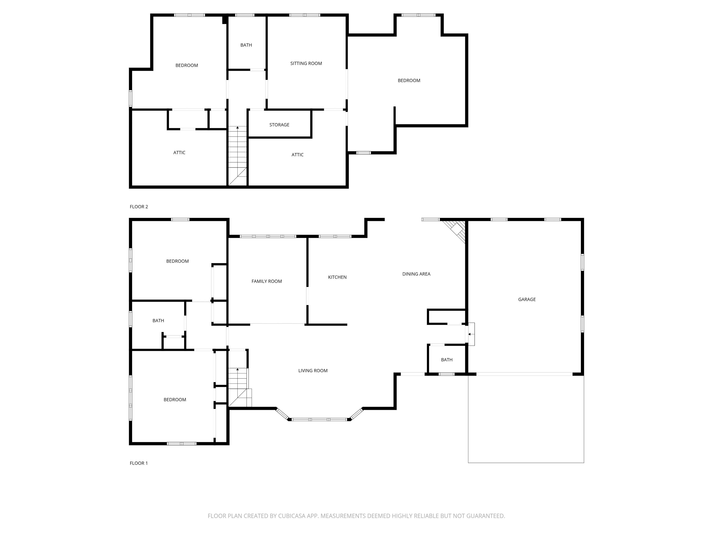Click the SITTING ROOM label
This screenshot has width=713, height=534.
(x=306, y=64)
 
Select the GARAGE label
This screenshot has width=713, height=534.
(x=527, y=299)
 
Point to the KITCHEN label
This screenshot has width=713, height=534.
(x=337, y=277)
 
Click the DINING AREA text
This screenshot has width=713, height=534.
(x=416, y=274)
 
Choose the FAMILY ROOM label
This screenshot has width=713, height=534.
(x=267, y=281)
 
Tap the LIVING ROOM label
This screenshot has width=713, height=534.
(x=313, y=370)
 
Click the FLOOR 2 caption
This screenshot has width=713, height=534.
(x=139, y=207)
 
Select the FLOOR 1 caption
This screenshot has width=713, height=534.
(x=139, y=463)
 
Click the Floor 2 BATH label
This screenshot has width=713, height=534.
(x=246, y=45)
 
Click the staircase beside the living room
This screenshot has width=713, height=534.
(x=239, y=388)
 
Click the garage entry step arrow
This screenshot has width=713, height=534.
(x=470, y=334)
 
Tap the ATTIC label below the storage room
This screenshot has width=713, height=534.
(x=297, y=155)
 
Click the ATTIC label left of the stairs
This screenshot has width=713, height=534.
(x=179, y=153)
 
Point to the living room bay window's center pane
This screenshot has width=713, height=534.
(x=319, y=420)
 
